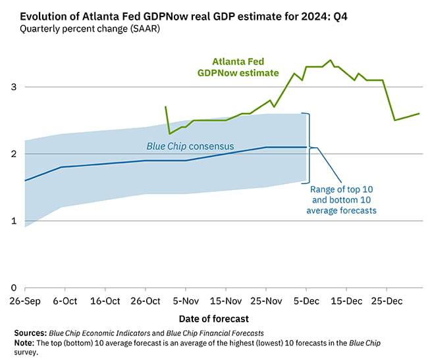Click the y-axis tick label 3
point(14,87)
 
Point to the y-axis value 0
point(14,288)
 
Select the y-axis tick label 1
point(14,221)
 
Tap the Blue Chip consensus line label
point(190,146)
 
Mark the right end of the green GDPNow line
point(419,114)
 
